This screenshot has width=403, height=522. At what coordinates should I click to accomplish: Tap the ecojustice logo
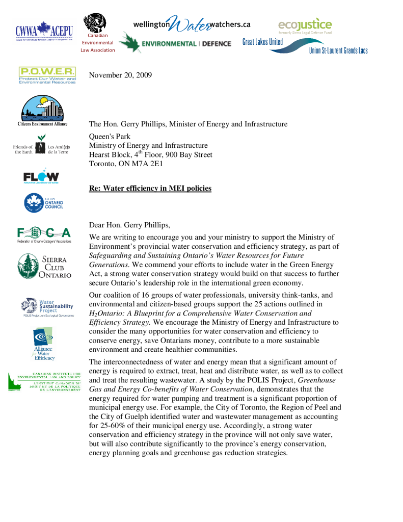tap(305, 25)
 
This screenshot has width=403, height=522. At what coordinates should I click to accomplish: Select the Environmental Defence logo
tap(176, 43)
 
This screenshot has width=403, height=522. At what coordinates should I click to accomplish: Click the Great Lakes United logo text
tap(262, 42)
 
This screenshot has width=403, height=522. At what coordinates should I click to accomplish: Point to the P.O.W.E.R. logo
tap(47, 75)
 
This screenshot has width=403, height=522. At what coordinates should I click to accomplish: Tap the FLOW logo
tap(41, 177)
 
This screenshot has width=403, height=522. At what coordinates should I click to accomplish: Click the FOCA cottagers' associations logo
tap(44, 234)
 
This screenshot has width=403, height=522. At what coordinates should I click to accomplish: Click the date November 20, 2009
tap(120, 75)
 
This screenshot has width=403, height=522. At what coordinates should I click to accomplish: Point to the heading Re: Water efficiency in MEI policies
tap(150, 189)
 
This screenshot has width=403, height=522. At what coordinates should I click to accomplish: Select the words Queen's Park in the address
tap(110, 137)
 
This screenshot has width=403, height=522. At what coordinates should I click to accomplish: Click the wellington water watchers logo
tap(192, 24)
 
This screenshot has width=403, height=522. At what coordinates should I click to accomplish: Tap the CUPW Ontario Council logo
tap(44, 203)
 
